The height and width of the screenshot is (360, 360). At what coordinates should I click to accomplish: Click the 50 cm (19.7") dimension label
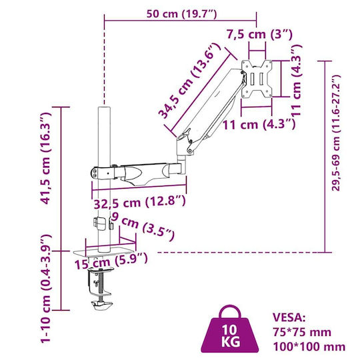181,14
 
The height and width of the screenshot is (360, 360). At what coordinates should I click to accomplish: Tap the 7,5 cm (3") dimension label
260,35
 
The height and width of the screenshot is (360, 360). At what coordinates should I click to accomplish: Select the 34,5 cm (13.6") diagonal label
189,81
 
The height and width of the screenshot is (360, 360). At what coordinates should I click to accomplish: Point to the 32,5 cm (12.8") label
139,202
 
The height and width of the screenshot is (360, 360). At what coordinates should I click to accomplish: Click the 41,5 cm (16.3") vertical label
45,158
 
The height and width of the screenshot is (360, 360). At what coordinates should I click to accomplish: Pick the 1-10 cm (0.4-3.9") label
45,288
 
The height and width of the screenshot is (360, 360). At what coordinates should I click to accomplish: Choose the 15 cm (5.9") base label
111,261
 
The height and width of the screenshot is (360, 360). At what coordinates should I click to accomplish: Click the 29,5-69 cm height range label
335,133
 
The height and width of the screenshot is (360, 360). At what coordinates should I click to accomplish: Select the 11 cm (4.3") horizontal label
259,125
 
